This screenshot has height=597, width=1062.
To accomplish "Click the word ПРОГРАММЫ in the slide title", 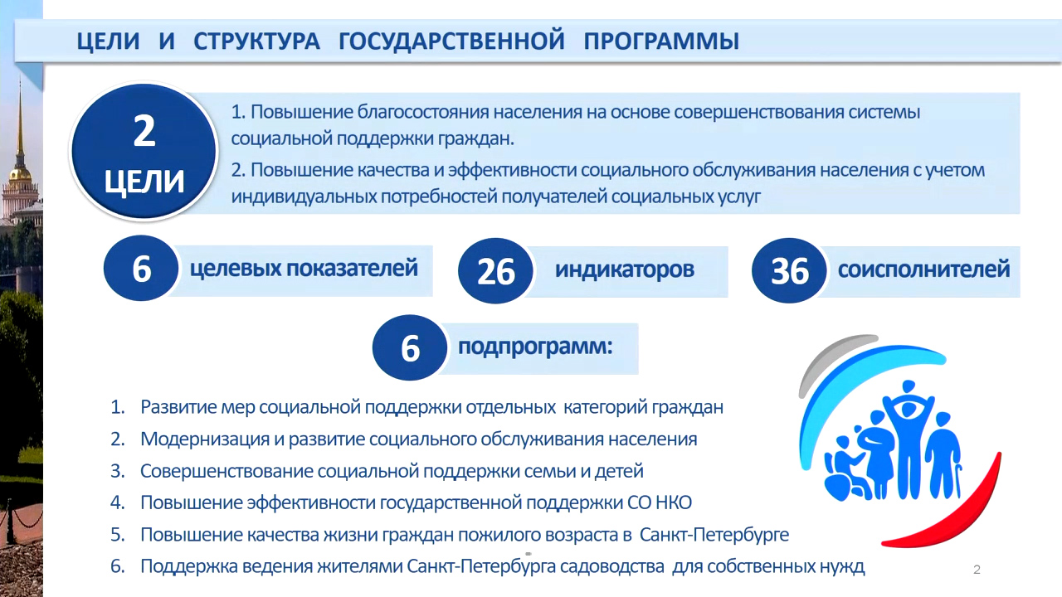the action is point(661,41).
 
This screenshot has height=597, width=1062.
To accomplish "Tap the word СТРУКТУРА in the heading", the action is point(256,41).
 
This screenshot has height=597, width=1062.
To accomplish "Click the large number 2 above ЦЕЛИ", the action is point(144,131).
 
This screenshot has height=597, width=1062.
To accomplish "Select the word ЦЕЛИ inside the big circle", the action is point(144,182).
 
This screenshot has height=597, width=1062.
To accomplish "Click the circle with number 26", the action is point(495,271).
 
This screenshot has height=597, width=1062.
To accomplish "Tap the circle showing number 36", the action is point(789,271).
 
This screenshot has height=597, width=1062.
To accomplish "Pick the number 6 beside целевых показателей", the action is point(142,269).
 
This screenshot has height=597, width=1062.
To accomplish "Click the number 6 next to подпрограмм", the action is point(410,348).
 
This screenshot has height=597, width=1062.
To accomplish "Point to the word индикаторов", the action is point(625,269).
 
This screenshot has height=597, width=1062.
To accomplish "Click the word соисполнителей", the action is point(923,269).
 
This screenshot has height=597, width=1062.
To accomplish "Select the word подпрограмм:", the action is point(535,347).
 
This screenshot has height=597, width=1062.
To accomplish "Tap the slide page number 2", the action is point(977,570).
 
